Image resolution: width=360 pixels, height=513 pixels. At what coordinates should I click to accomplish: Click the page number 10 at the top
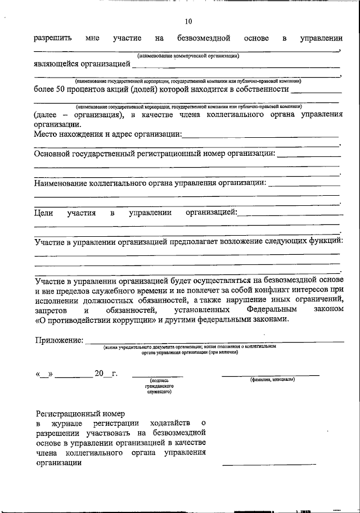[188, 22]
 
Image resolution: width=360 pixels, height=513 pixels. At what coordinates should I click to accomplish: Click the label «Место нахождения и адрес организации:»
[107, 134]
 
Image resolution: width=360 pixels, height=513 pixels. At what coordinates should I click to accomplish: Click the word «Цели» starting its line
[43, 213]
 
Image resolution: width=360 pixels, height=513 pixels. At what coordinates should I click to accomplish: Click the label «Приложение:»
[59, 340]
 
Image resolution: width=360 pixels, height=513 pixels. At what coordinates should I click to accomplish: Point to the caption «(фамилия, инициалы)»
[272, 380]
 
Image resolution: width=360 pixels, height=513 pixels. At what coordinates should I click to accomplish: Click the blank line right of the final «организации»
[269, 464]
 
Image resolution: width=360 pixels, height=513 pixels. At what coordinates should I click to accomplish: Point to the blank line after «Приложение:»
[217, 341]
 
